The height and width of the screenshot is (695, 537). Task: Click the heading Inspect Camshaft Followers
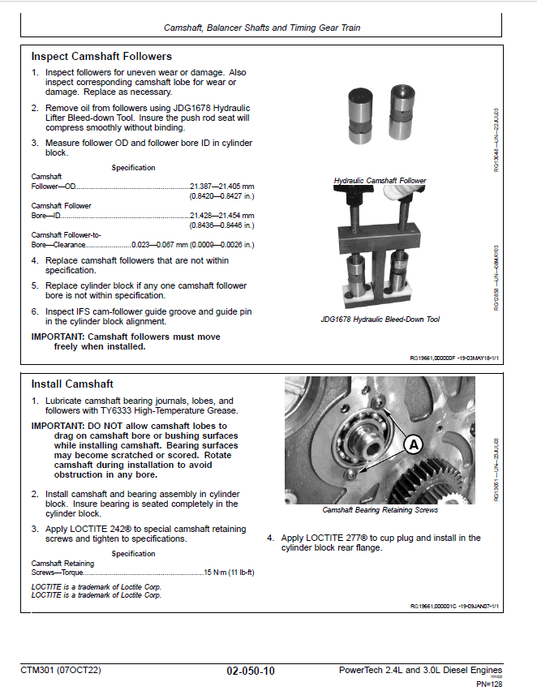[101, 57]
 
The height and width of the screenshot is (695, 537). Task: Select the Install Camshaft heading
[72, 384]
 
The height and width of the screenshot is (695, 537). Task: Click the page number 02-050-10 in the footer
[251, 671]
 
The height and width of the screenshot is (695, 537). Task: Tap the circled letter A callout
[413, 444]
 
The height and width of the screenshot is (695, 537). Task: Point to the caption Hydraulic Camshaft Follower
[380, 181]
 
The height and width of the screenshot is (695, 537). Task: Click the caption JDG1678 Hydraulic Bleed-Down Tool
[380, 320]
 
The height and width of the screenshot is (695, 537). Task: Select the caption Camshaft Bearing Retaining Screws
[380, 510]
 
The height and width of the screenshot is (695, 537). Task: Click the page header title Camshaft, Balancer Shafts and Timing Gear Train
[262, 28]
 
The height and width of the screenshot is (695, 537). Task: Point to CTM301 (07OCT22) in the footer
[61, 671]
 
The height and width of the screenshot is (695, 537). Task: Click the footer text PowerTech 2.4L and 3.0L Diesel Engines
[419, 670]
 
